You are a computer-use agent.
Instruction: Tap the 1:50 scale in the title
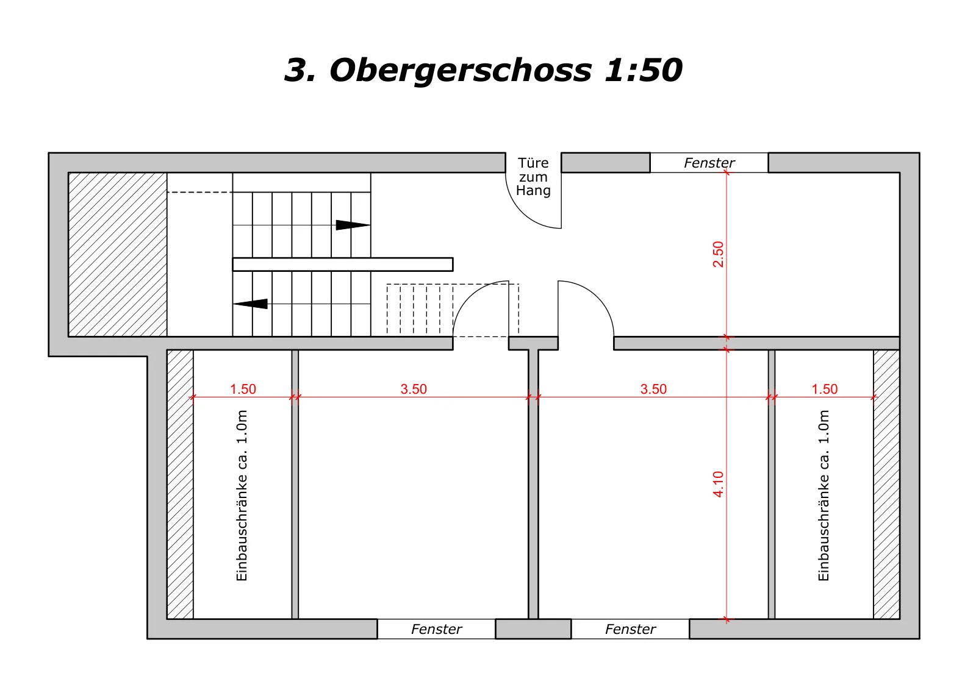point(644,69)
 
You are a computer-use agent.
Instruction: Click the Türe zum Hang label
point(533,177)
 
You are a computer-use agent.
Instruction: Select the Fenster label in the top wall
point(709,163)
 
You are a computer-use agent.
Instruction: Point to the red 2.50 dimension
point(718,254)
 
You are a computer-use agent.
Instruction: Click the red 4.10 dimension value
point(718,484)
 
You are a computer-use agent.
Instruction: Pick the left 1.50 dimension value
point(243,389)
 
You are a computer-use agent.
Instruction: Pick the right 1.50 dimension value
point(824,389)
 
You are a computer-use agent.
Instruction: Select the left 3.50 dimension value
point(414,389)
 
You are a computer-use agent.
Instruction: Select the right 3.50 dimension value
point(653,389)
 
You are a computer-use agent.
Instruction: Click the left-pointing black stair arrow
point(250,304)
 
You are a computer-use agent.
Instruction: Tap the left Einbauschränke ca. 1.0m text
point(242,496)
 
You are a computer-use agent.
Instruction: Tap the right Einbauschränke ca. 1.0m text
point(823,496)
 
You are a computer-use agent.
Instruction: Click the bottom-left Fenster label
point(436,629)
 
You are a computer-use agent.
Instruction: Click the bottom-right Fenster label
point(630,629)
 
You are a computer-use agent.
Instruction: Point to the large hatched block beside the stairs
point(118,255)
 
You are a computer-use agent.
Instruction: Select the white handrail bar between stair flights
point(343,265)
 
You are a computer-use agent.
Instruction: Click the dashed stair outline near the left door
point(453,310)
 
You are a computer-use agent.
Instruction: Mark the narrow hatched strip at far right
point(887,484)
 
